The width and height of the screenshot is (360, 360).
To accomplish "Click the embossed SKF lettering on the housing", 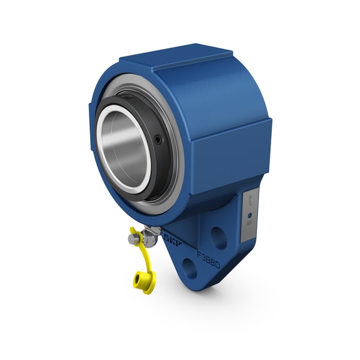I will [x=172, y=239].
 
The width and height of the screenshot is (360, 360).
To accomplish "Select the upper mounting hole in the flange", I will [x=220, y=238].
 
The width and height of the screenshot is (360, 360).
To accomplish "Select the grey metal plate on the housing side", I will [x=250, y=213].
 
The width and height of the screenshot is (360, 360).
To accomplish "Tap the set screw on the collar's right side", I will [x=158, y=139].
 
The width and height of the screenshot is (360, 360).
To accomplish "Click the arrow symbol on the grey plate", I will [x=250, y=200].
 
